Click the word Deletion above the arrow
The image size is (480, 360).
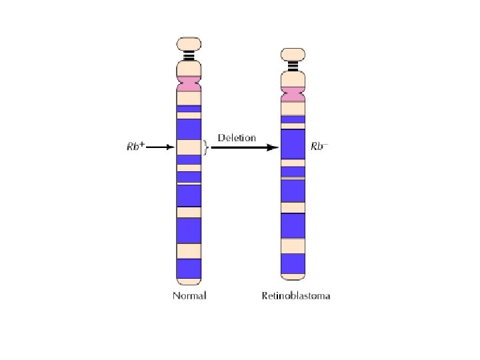point(236,138)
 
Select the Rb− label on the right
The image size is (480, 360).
point(320,145)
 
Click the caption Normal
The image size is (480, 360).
point(189,295)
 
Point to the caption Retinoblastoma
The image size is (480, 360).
point(295,295)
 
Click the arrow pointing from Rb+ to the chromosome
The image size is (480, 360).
point(160,147)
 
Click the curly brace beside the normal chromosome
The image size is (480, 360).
point(206,147)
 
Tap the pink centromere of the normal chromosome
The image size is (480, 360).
point(189,85)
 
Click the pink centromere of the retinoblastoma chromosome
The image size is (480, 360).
point(293,94)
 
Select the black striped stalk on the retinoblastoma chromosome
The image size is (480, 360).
point(293,66)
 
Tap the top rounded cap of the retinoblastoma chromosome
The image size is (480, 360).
point(293,55)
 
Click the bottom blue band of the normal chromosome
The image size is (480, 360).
point(189,268)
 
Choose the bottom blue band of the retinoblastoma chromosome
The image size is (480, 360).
point(293,264)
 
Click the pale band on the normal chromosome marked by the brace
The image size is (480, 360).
point(189,147)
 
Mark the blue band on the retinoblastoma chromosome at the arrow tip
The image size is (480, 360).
point(293,143)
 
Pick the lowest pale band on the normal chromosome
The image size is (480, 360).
point(189,251)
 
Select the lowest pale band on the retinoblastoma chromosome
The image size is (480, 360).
point(293,246)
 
